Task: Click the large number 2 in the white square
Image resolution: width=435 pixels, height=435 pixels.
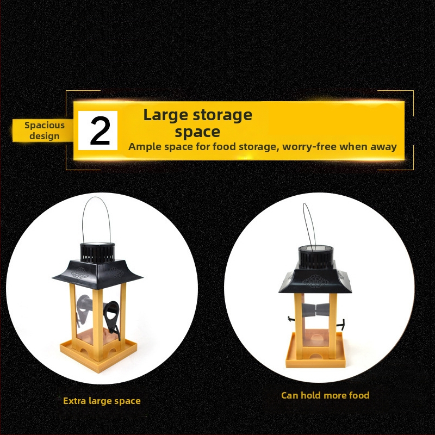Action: [x=100, y=130]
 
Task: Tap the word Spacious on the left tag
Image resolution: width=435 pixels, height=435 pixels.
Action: [x=45, y=126]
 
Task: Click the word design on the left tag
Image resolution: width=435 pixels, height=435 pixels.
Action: [x=45, y=136]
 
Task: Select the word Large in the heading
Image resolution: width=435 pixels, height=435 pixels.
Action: [x=165, y=115]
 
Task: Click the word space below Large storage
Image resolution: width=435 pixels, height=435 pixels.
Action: [x=197, y=132]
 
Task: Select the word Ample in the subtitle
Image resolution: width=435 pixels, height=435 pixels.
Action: [x=145, y=147]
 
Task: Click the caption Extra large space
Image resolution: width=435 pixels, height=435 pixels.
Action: [x=102, y=401]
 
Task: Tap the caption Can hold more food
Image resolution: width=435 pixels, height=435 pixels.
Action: [x=325, y=395]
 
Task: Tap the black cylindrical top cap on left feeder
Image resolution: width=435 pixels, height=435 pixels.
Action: [x=97, y=253]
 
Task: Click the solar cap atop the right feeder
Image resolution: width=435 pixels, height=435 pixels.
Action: [x=316, y=257]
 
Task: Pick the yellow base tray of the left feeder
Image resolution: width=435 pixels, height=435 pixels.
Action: [x=98, y=354]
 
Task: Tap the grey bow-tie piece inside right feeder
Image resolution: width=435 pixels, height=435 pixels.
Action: [x=316, y=310]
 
